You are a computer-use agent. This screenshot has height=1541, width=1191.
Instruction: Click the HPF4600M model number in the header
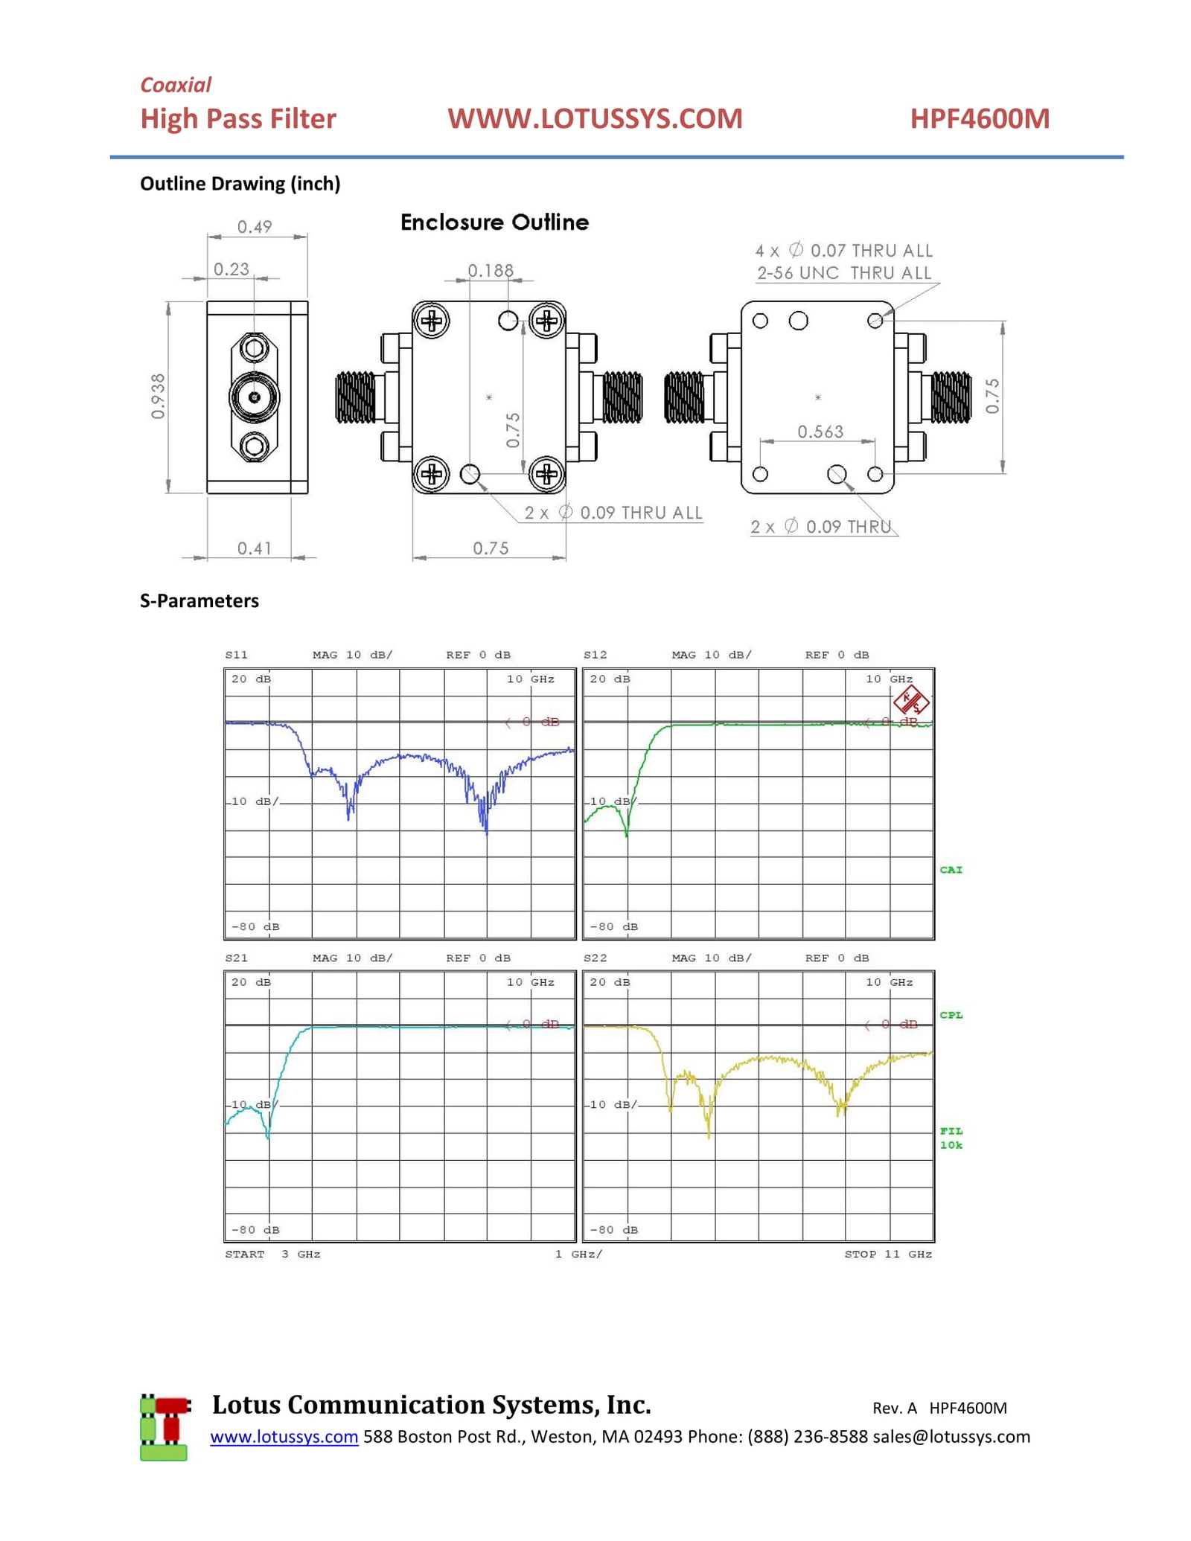click(979, 119)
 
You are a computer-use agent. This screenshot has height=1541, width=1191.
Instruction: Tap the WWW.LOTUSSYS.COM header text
click(594, 119)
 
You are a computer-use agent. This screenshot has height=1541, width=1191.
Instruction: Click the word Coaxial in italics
click(176, 85)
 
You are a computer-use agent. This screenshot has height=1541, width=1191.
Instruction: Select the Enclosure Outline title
click(494, 222)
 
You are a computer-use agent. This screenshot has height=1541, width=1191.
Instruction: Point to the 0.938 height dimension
click(158, 397)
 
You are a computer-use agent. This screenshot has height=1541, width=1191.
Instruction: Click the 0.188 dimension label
click(491, 271)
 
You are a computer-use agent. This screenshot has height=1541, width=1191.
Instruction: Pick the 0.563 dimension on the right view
click(820, 432)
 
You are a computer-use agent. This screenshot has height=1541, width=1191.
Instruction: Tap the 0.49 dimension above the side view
click(255, 227)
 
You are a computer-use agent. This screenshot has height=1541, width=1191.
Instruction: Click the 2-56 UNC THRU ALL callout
click(843, 273)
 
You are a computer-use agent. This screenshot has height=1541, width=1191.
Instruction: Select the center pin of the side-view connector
click(255, 397)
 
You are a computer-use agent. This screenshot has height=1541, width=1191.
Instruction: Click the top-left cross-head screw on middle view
click(432, 321)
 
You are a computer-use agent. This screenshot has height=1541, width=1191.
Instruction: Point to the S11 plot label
click(236, 655)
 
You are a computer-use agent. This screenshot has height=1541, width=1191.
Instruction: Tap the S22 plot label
click(595, 958)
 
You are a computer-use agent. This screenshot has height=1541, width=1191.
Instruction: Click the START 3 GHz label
click(272, 1254)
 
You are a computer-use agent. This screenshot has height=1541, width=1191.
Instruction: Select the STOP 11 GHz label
click(887, 1254)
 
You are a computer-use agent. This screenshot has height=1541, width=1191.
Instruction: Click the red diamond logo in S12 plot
click(910, 700)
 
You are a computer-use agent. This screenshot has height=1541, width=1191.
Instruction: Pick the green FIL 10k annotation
click(951, 1138)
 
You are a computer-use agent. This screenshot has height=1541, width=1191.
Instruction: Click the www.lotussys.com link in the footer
click(284, 1436)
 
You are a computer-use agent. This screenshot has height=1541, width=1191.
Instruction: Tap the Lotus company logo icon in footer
click(165, 1426)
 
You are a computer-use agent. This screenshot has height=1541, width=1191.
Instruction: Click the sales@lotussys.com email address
click(951, 1436)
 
